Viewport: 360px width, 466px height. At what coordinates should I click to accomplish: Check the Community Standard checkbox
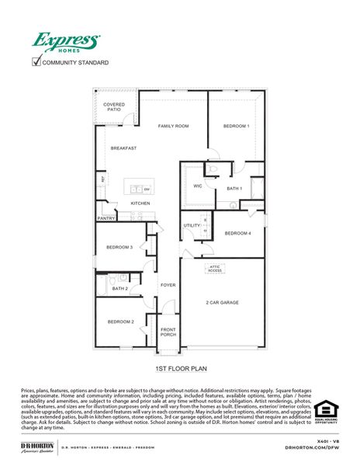pos(36,61)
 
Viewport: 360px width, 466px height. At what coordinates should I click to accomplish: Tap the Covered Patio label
pos(114,107)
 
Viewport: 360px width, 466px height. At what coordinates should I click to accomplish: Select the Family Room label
pos(174,126)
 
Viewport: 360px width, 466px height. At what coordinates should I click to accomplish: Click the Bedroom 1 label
pos(236,126)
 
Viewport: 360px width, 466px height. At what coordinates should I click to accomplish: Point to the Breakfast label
pos(123,148)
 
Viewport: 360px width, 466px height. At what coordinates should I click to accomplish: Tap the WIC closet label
pos(198,186)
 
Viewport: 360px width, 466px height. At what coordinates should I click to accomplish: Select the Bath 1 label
pos(234,189)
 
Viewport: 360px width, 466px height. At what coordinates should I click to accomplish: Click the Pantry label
pos(106,218)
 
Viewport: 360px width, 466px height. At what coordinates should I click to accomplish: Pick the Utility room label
pos(191,225)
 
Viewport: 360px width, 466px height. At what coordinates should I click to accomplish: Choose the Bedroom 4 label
pos(237,233)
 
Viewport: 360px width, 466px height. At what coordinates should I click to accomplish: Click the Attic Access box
pos(214,269)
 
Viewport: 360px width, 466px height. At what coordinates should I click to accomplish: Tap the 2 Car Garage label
pos(222,302)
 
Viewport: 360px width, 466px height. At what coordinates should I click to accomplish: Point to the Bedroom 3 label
pos(119,247)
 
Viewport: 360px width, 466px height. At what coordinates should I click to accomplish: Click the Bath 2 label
pos(119,289)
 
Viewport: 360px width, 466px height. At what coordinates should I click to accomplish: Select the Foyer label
pos(168,285)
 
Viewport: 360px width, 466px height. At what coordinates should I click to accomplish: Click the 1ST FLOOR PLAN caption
pos(180,369)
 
